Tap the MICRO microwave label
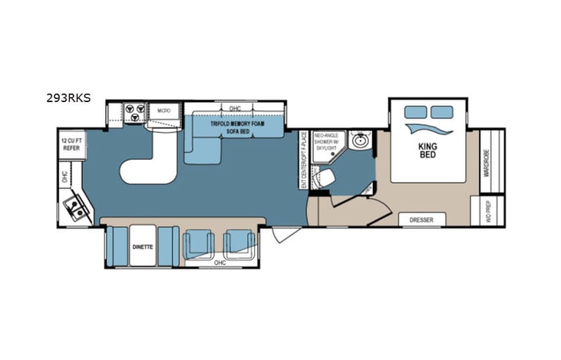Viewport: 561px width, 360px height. [x=163, y=111]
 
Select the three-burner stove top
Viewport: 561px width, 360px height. [x=132, y=113]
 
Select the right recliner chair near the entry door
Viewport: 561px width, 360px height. [x=238, y=245]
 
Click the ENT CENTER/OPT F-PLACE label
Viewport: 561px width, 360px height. [x=304, y=160]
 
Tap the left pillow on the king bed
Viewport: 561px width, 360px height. [x=416, y=113]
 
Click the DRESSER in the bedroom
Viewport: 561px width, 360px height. [x=421, y=220]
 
